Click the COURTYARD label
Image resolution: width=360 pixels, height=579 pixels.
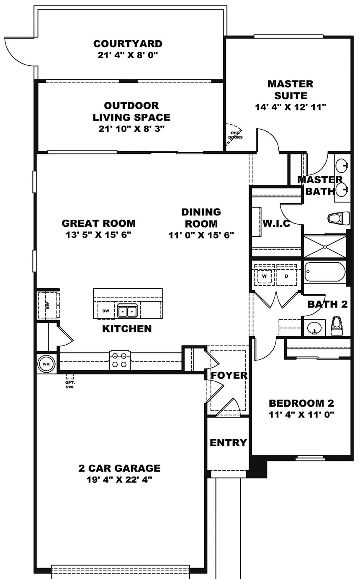click(x=128, y=44)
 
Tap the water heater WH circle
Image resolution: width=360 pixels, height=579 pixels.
click(x=46, y=364)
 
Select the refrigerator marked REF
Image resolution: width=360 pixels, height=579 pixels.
click(x=49, y=305)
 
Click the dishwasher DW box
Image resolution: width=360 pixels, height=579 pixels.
click(x=106, y=311)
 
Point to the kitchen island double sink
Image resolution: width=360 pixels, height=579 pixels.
click(x=127, y=311)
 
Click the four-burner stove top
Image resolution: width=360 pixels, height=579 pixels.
click(x=120, y=360)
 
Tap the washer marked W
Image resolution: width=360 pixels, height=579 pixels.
click(x=264, y=276)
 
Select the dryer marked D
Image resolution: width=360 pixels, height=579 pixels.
click(x=287, y=276)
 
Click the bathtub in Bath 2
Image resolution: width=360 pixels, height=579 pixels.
click(x=325, y=272)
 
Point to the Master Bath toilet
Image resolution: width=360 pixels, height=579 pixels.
click(x=339, y=218)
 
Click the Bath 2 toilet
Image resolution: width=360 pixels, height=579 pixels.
click(x=337, y=326)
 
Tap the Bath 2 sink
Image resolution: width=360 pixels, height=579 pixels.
click(x=314, y=328)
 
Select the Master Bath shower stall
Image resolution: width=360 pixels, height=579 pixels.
click(x=325, y=246)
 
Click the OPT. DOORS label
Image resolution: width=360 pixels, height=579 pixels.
click(x=235, y=135)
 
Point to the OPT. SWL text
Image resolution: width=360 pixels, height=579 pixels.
click(x=70, y=384)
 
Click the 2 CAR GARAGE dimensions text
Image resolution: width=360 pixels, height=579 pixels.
click(x=119, y=479)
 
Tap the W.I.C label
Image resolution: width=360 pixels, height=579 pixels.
click(x=276, y=223)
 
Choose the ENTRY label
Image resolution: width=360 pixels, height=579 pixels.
click(x=228, y=443)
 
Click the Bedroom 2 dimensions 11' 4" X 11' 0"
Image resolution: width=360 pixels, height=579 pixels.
click(x=301, y=414)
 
